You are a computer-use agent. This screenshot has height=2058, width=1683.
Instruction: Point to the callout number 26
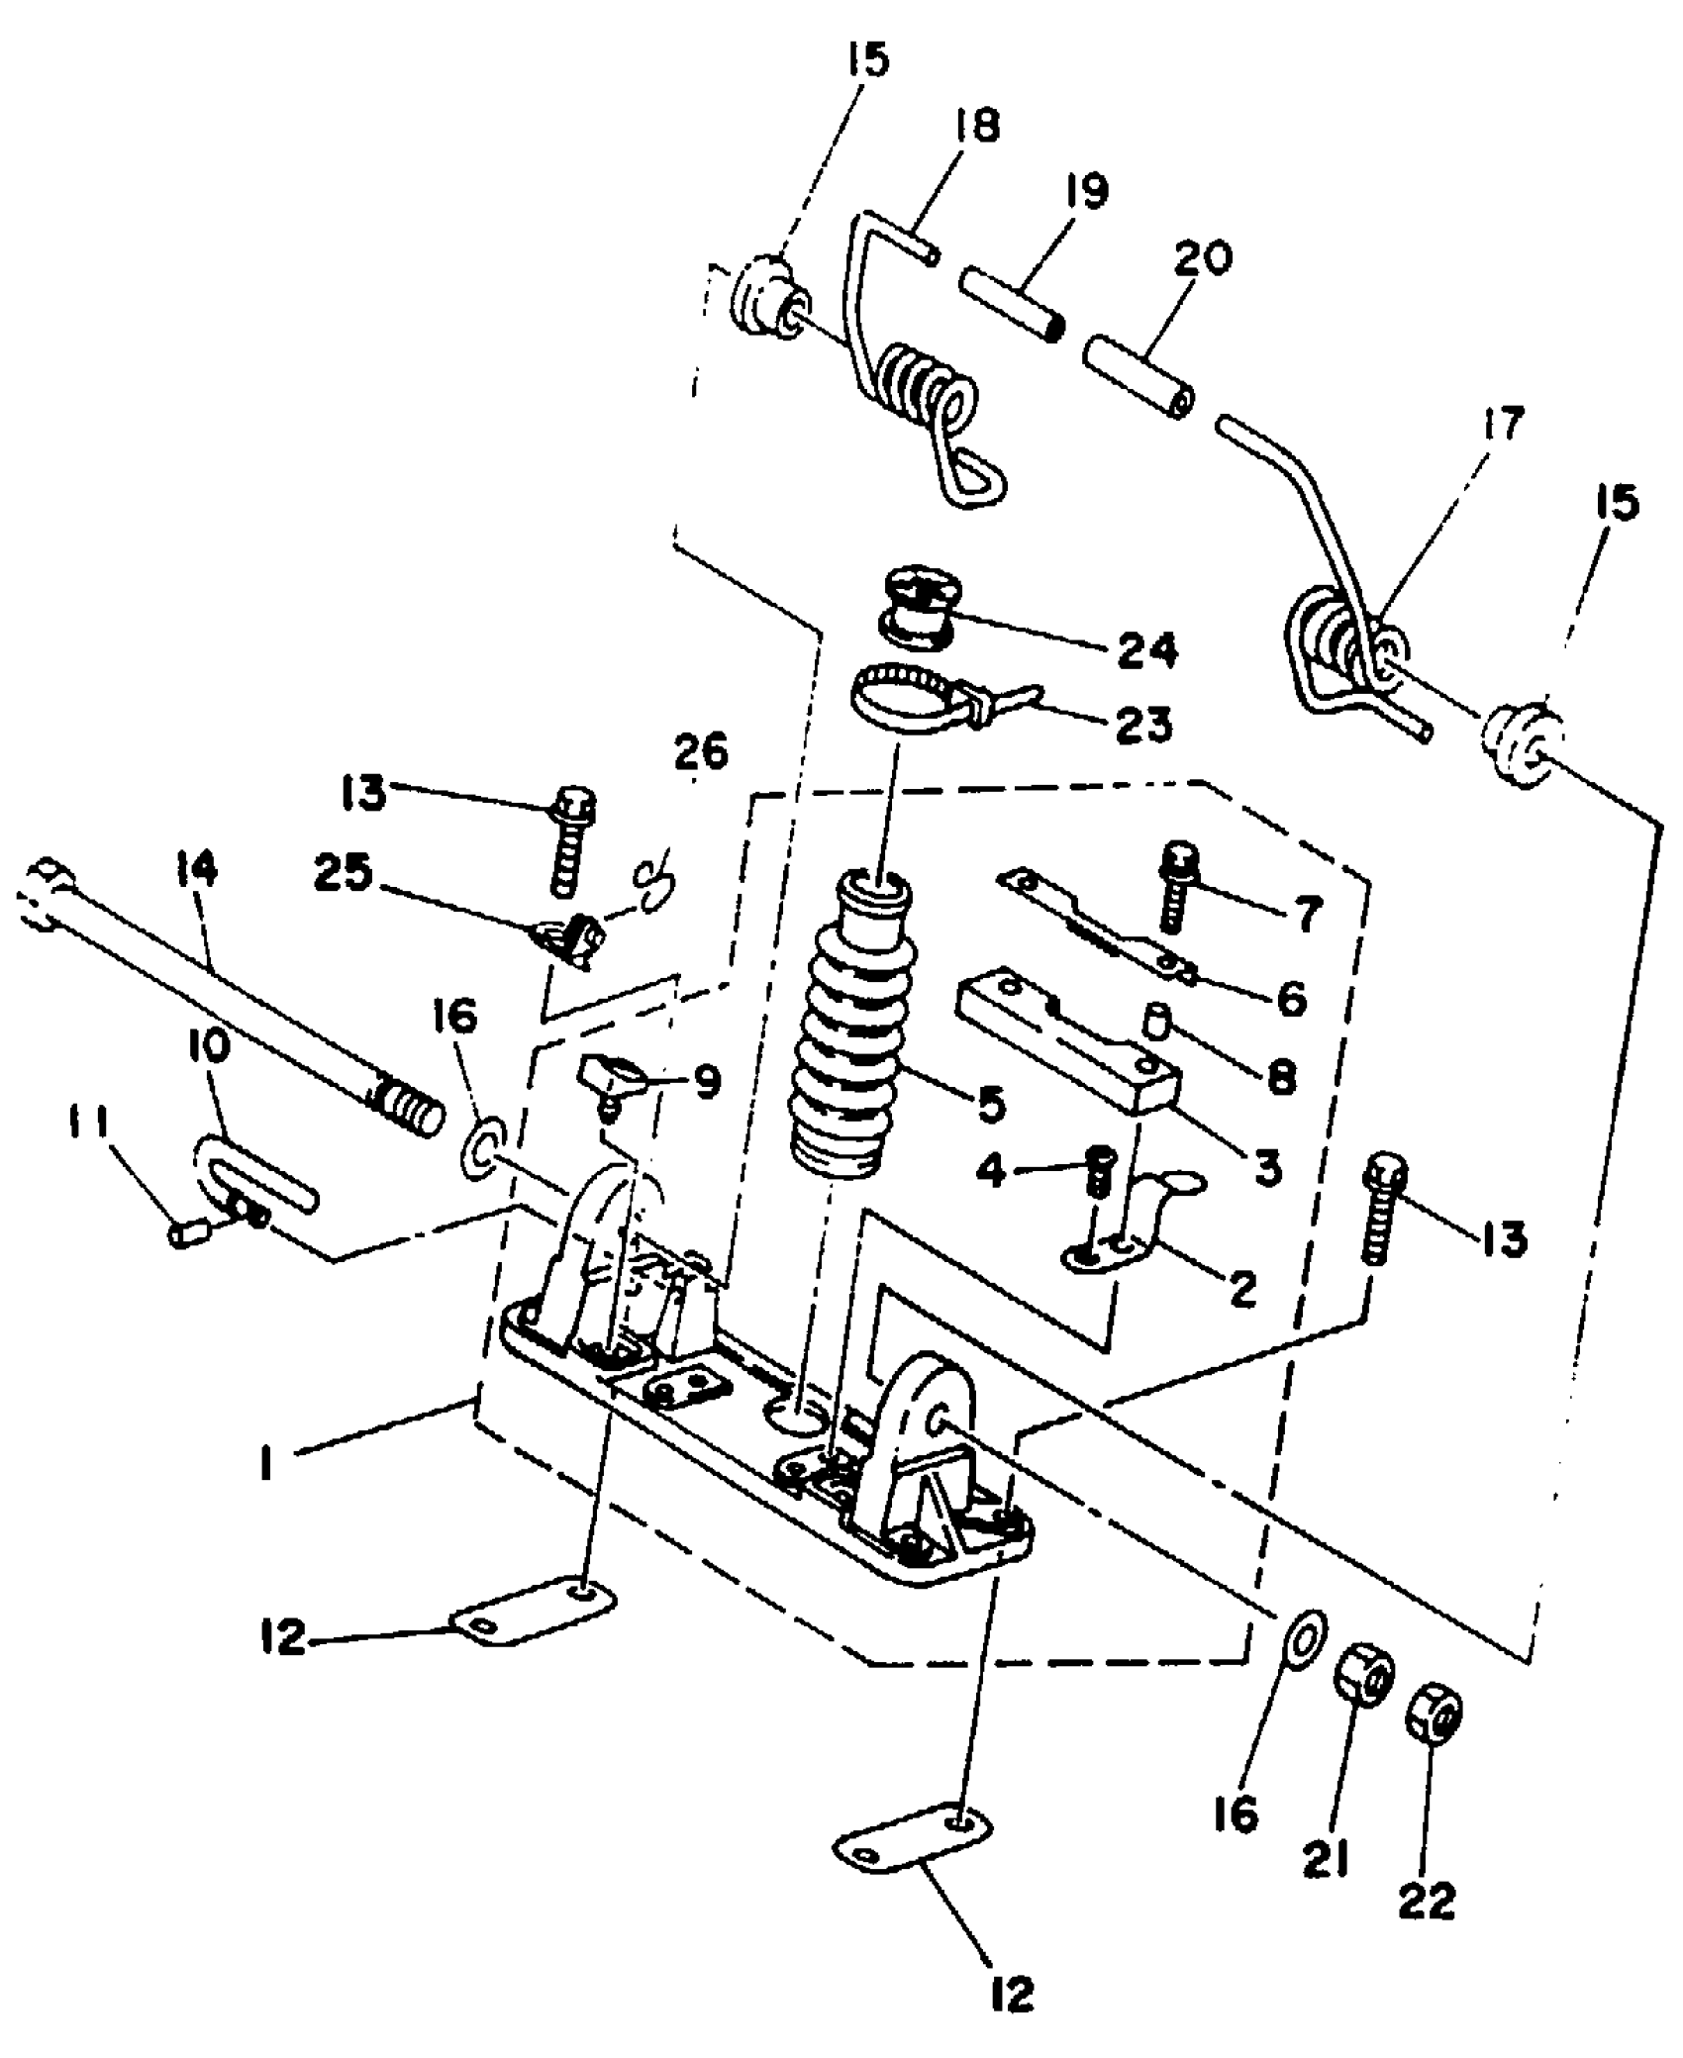701,753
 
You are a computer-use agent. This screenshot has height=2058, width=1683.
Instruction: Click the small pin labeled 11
186,1234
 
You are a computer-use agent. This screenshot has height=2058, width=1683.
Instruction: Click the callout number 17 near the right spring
1503,426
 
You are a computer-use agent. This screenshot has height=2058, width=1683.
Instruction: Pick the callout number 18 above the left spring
976,126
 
